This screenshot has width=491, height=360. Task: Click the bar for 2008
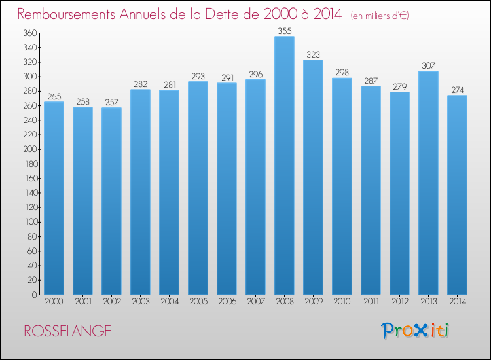click(x=284, y=166)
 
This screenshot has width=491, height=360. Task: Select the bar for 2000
click(x=54, y=198)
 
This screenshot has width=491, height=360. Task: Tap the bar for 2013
click(x=428, y=183)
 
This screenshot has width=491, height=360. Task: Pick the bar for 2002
click(x=111, y=201)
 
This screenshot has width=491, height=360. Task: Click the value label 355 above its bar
click(x=285, y=31)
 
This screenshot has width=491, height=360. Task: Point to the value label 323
click(x=313, y=55)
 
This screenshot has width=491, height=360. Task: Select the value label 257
click(x=112, y=102)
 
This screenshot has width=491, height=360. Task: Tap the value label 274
click(x=457, y=90)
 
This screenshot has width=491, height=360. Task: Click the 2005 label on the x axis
click(x=198, y=302)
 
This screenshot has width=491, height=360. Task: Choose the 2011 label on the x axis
click(x=371, y=302)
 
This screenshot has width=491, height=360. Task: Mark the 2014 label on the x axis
click(x=458, y=302)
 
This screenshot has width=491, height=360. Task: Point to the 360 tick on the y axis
click(x=30, y=33)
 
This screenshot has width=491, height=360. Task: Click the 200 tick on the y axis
click(x=30, y=149)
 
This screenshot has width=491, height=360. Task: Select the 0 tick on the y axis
click(x=35, y=295)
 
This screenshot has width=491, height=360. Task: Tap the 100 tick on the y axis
click(x=31, y=222)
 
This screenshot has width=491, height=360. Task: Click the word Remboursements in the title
click(x=66, y=14)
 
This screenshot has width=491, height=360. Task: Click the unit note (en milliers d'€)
click(x=380, y=16)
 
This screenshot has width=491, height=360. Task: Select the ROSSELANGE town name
click(x=67, y=331)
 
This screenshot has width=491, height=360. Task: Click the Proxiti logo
click(x=415, y=331)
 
